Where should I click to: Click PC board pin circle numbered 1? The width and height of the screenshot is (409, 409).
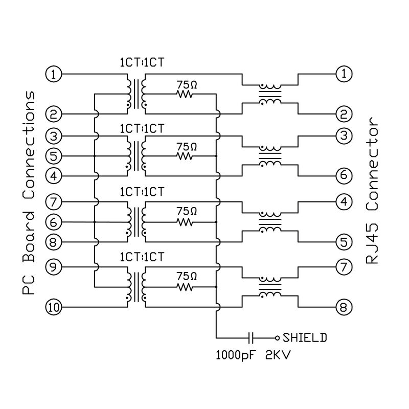point(54,74)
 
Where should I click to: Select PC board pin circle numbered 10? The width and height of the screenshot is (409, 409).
point(54,307)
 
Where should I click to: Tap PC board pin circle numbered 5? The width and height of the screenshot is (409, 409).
point(54,155)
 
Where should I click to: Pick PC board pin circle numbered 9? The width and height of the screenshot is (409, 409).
point(54,266)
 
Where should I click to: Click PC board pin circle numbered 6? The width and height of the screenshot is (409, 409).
point(54,222)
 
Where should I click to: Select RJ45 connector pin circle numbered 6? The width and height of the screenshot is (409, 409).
point(344,176)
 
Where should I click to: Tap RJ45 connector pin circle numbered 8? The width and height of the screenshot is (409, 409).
point(344,307)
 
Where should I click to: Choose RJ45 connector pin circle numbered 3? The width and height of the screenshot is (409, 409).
point(344,135)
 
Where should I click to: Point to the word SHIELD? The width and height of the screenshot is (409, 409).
point(305,338)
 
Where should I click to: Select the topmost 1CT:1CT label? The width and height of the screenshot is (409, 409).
point(142,63)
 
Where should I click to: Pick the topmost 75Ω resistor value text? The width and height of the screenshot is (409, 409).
point(187,83)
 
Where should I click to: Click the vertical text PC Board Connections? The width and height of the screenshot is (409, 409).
point(30,193)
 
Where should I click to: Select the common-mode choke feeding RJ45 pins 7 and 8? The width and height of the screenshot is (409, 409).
point(269,287)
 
